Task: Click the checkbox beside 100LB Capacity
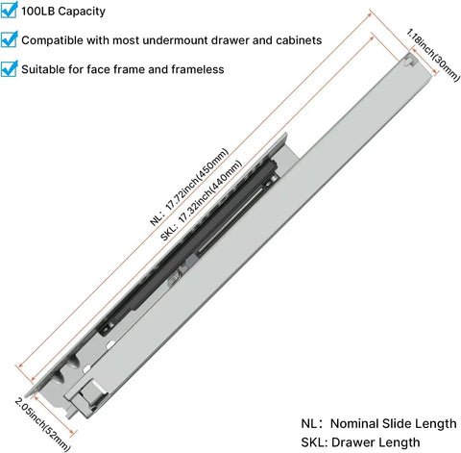[9, 11]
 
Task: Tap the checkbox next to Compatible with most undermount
[9, 39]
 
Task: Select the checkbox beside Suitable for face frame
[9, 68]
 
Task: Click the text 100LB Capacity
[63, 12]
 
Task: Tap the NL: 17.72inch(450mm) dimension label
[189, 187]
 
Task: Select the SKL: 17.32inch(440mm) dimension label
[201, 200]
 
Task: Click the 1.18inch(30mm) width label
[433, 55]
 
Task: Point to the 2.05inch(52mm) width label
[42, 424]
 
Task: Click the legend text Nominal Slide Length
[394, 423]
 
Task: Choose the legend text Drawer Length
[376, 442]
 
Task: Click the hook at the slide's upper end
[409, 61]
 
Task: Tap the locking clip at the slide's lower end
[88, 396]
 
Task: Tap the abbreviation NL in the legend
[309, 423]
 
